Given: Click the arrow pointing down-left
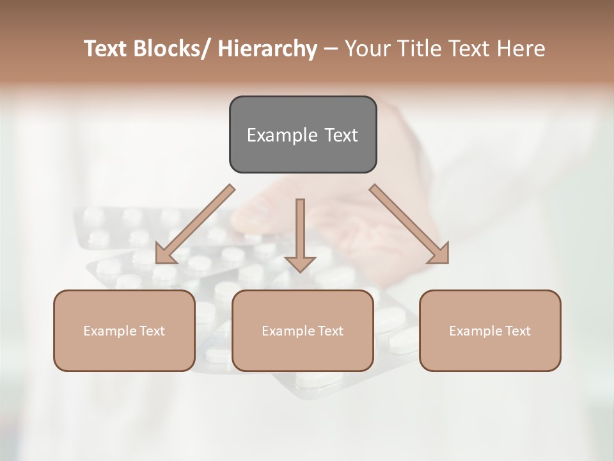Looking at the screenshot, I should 195,224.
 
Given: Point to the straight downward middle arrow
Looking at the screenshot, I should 300,230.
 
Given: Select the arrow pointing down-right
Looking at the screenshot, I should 409,224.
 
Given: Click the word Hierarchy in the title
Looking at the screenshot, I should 267,49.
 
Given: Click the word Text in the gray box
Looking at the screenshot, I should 340,135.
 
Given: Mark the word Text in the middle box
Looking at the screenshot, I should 330,331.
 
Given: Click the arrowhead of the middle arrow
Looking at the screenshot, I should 300,263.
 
